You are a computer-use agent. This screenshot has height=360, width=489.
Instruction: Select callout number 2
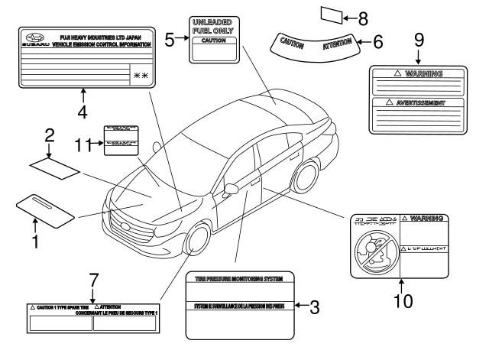pyautogui.click(x=49, y=137)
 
